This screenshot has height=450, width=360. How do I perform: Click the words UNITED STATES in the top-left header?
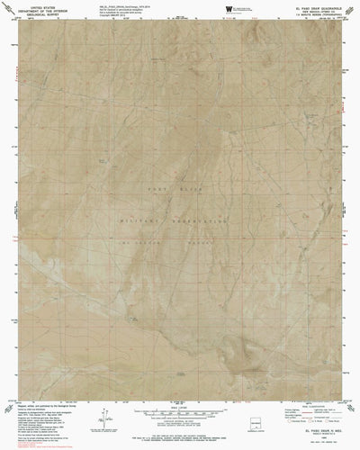tap(46, 8)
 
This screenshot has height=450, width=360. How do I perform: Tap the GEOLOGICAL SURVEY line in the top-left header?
tap(46, 17)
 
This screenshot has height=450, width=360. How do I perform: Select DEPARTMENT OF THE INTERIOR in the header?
tap(46, 13)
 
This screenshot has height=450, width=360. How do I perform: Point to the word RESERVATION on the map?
tap(198, 218)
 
